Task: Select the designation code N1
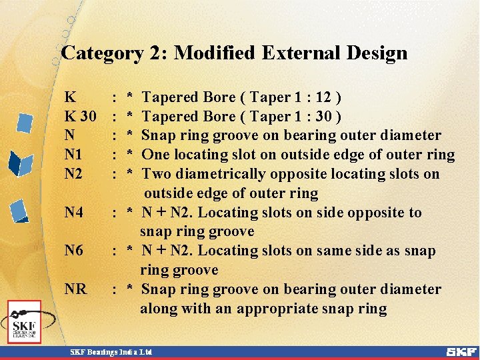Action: click(x=73, y=155)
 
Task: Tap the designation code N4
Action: click(x=73, y=213)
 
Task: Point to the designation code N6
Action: click(x=73, y=251)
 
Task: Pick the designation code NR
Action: click(x=75, y=289)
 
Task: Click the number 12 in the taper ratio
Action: click(x=327, y=97)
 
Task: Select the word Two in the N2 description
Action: click(x=156, y=174)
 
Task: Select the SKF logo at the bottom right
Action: click(x=461, y=351)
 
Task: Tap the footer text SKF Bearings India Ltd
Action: click(x=112, y=351)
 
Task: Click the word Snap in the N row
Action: click(x=157, y=136)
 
